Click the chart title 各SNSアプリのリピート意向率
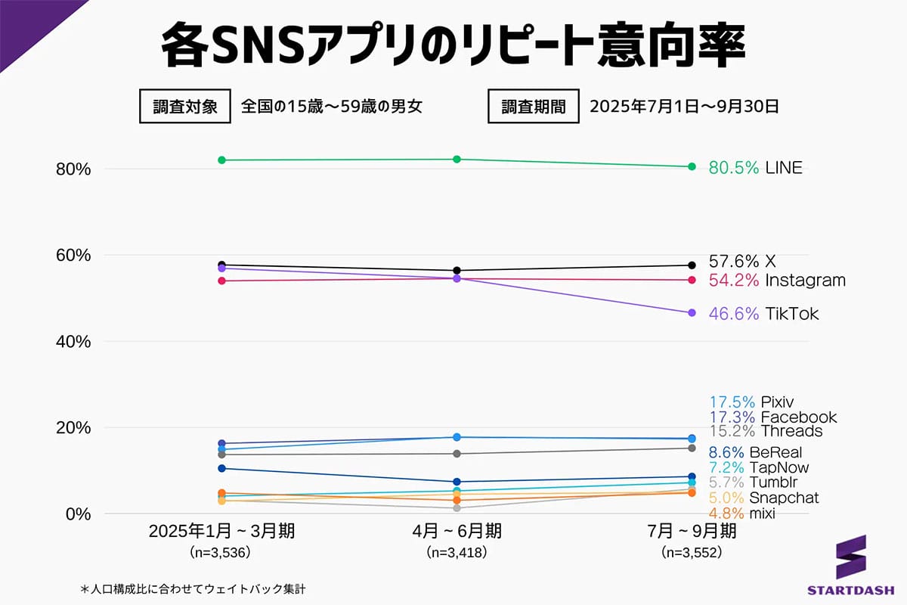(453, 47)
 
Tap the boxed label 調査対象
(184, 107)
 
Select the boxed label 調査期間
(534, 107)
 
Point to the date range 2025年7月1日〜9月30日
(684, 107)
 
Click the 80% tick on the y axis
(73, 169)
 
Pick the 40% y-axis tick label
(73, 342)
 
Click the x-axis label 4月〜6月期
(457, 532)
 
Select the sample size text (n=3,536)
(221, 553)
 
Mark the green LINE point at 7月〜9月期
(692, 166)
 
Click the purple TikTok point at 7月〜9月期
(692, 313)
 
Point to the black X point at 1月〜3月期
(221, 265)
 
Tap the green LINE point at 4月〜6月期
(457, 159)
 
